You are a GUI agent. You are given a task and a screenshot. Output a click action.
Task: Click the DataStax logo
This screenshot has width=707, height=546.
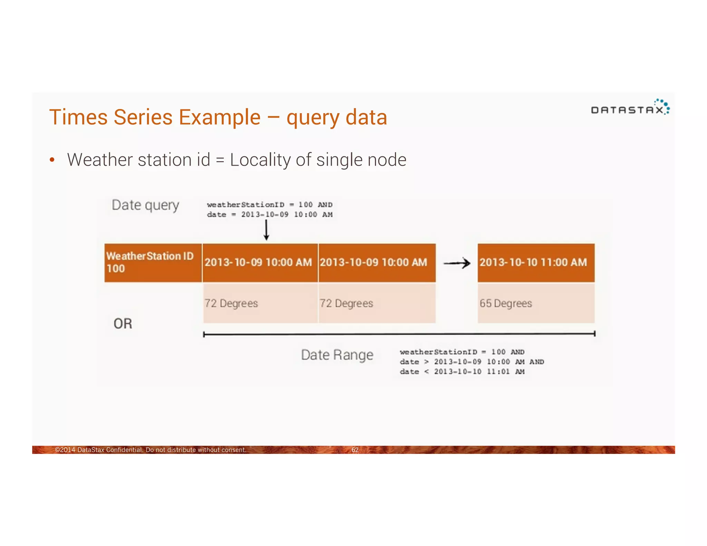(x=630, y=108)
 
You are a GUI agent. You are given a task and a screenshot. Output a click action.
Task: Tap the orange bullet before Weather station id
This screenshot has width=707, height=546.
(x=52, y=160)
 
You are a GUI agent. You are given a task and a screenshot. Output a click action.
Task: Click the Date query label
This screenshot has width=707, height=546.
(x=145, y=205)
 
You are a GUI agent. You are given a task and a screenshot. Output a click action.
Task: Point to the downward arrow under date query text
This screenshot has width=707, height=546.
(x=266, y=231)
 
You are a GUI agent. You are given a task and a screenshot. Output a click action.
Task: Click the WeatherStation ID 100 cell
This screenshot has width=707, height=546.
(x=153, y=263)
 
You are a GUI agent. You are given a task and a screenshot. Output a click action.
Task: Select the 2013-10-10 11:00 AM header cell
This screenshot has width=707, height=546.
(x=536, y=263)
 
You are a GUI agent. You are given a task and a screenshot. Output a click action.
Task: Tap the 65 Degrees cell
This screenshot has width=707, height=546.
(x=536, y=303)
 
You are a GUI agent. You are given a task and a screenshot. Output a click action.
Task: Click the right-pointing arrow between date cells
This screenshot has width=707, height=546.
(x=456, y=263)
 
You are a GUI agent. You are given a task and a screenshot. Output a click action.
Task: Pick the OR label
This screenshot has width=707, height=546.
(x=123, y=324)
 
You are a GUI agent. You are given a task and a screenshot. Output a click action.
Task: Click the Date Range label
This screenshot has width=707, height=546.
(x=337, y=355)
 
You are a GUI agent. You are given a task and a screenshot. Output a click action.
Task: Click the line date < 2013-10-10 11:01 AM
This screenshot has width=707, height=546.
(x=462, y=372)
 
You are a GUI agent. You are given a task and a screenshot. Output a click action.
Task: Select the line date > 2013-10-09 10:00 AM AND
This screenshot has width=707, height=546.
(x=472, y=362)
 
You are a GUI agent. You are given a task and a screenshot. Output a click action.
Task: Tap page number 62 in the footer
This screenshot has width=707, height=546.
(x=355, y=450)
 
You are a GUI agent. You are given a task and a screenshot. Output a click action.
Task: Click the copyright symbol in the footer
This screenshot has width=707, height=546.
(x=57, y=450)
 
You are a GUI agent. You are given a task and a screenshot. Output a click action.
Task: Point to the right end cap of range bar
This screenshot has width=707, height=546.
(x=594, y=334)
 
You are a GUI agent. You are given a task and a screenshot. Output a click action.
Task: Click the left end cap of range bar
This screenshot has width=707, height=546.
(x=204, y=334)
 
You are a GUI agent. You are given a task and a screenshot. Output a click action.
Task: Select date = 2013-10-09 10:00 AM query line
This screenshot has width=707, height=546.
(x=269, y=215)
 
